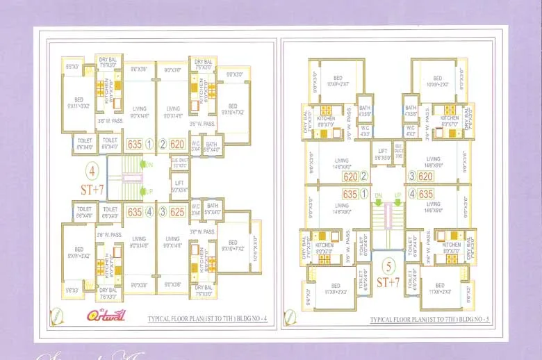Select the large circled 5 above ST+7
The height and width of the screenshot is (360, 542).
388,264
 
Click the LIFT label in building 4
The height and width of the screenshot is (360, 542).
179,184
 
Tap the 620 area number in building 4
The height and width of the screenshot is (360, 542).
177,145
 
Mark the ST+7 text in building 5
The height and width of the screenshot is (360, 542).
388,283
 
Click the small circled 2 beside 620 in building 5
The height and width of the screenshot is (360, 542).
363,177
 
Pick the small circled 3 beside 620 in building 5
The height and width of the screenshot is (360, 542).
412,177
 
